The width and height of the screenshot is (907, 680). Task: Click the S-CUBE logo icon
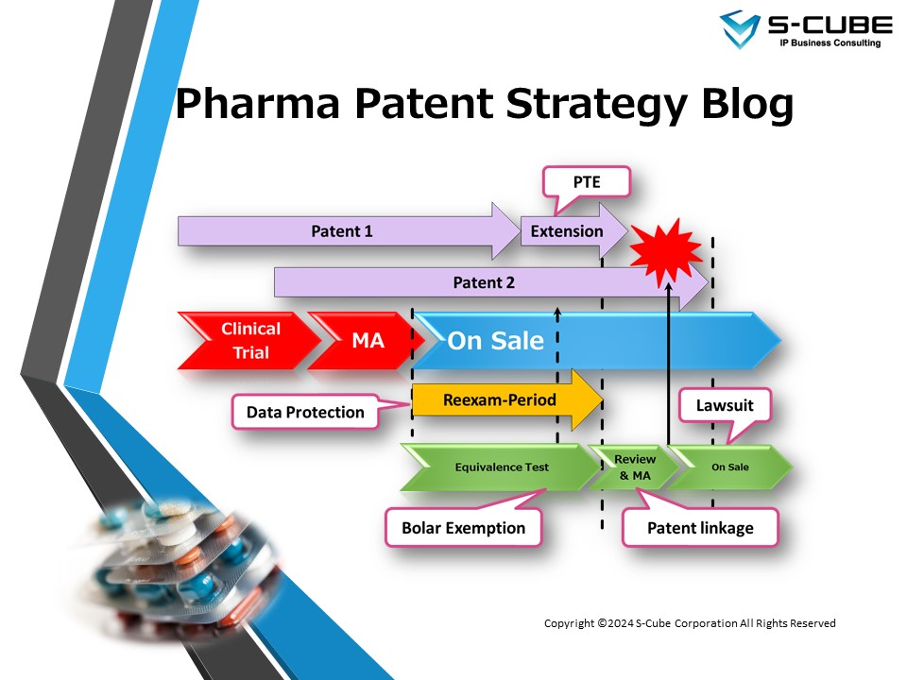[740, 28]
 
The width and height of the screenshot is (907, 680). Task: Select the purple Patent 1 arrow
[340, 230]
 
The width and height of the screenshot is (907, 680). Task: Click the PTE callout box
[586, 183]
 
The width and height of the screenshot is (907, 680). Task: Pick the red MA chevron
[365, 341]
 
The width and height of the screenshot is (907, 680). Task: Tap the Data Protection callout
[305, 412]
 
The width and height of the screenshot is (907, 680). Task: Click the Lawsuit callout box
[726, 406]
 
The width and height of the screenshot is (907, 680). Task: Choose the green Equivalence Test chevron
[501, 467]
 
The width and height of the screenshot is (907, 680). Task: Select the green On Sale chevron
[730, 467]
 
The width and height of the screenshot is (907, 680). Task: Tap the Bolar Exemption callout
[463, 527]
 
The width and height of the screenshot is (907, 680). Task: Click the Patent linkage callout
[700, 527]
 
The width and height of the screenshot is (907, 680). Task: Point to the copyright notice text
[690, 623]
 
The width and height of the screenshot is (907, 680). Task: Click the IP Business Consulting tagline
[823, 43]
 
